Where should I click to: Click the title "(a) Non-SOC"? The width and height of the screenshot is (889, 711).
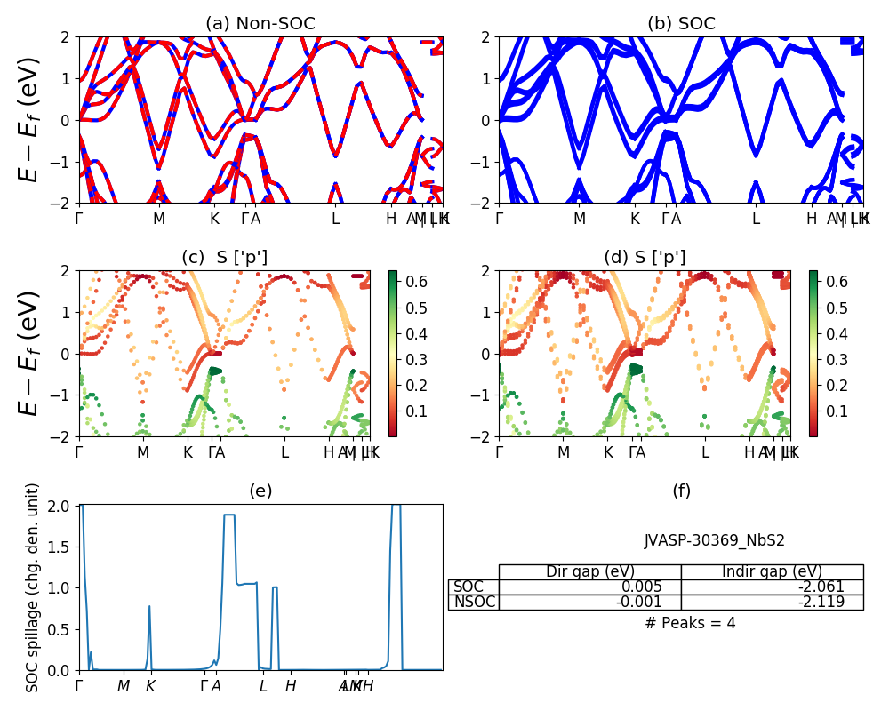(x=260, y=24)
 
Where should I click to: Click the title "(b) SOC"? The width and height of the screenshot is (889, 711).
(x=681, y=24)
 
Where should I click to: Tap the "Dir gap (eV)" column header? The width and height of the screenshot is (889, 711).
(x=589, y=571)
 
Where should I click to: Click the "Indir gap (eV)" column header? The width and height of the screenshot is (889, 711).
(x=772, y=571)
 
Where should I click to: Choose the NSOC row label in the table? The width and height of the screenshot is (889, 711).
(x=474, y=602)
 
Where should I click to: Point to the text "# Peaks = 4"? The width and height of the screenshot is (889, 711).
(x=690, y=623)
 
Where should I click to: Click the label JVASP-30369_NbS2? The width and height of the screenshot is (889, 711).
(x=715, y=540)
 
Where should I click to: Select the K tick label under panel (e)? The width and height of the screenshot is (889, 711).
(x=150, y=686)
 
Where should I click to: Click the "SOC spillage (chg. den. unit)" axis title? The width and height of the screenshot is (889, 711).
(x=33, y=587)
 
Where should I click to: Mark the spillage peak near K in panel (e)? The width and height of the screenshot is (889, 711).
(x=149, y=607)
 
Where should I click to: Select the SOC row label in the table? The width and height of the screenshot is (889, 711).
(x=469, y=587)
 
